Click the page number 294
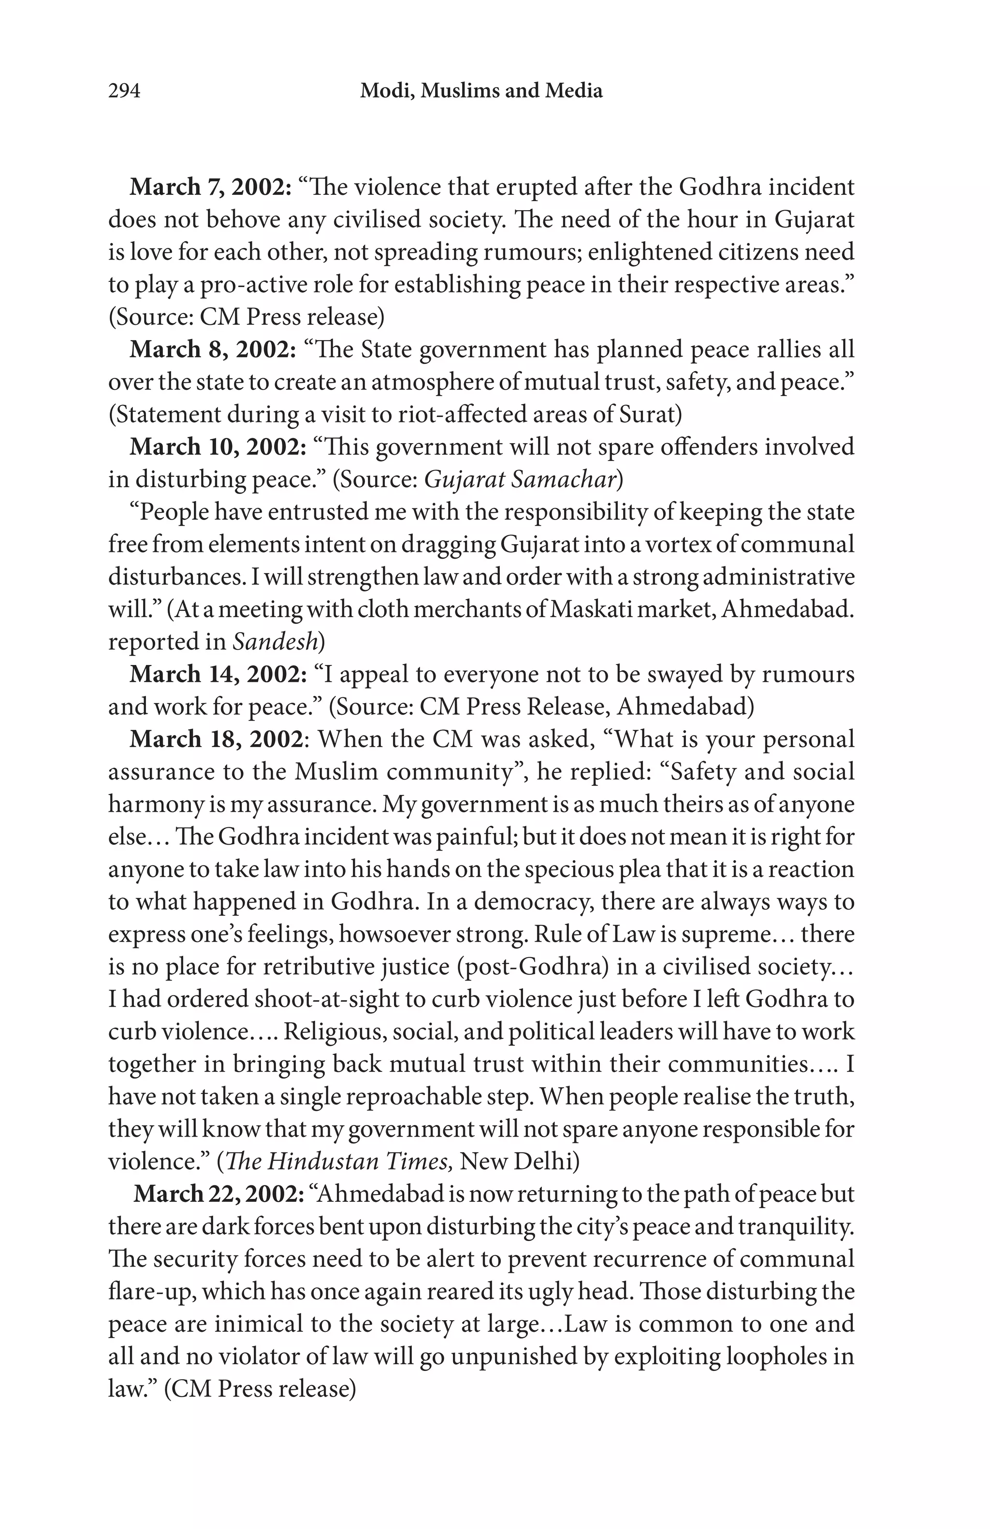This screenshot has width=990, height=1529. point(124,91)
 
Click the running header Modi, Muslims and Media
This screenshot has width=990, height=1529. point(481,91)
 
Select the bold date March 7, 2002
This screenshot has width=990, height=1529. point(211,187)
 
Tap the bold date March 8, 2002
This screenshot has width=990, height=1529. point(213,349)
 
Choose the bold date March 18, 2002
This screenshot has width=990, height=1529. point(217,739)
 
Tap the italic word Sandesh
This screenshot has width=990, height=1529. point(275,642)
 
